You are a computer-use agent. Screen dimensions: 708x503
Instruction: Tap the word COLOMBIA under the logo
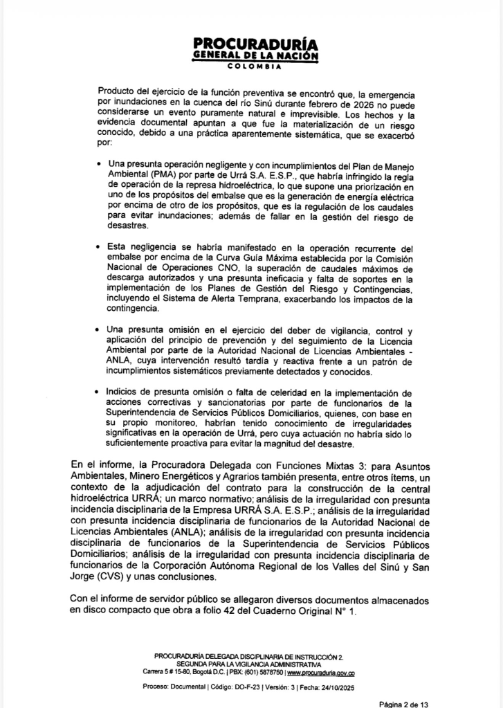coord(252,67)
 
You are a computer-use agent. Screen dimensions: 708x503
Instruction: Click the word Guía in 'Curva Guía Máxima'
coord(221,257)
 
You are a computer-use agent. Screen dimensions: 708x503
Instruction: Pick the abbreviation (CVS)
coord(116,577)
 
